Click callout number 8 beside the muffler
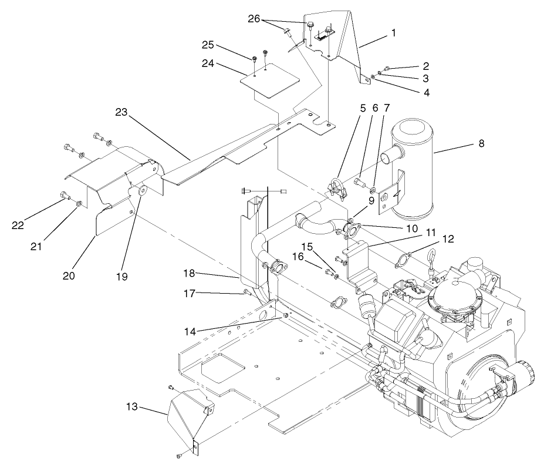click(x=481, y=143)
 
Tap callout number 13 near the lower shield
click(x=133, y=406)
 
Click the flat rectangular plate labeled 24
click(x=270, y=85)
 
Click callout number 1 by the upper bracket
click(x=393, y=33)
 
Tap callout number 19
click(x=122, y=274)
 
